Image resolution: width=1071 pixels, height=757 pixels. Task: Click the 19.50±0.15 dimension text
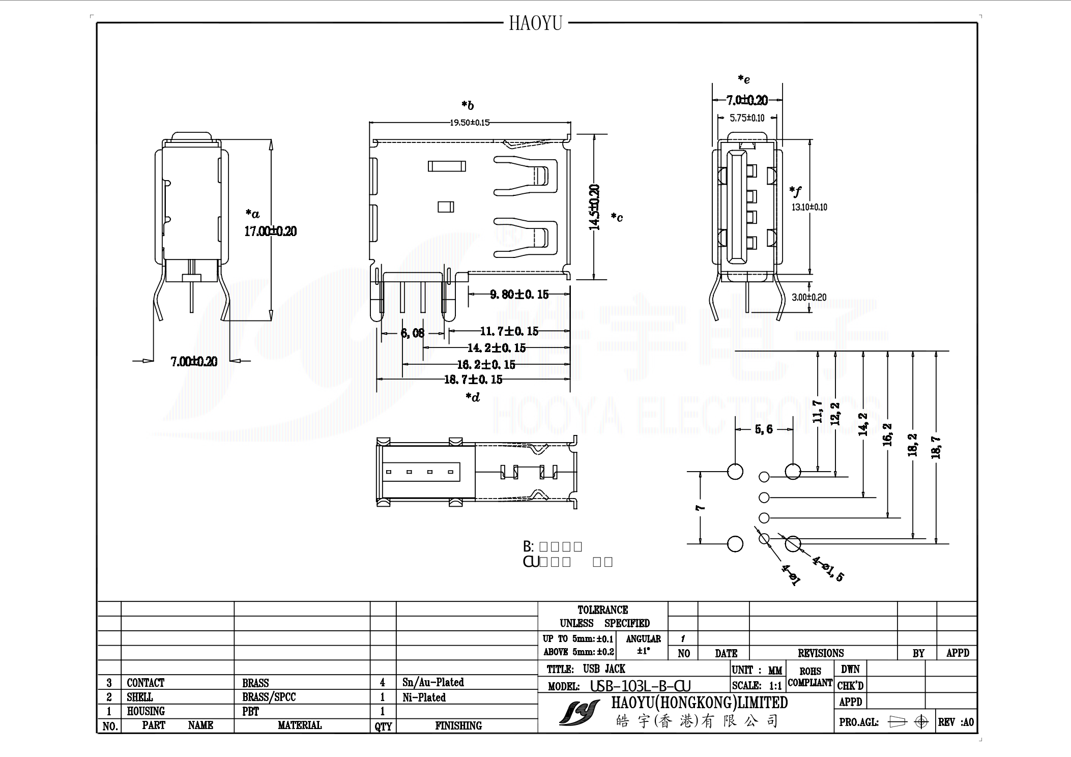point(469,123)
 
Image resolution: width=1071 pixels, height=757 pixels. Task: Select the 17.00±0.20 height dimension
point(270,231)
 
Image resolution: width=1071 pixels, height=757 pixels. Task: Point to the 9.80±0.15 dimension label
point(519,295)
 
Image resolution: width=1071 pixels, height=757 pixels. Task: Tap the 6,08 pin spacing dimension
point(412,333)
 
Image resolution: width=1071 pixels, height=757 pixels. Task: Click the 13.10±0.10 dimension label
point(809,207)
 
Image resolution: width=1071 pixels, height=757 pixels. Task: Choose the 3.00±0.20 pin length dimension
point(808,297)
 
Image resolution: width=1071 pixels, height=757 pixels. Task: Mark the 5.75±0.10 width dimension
point(747,118)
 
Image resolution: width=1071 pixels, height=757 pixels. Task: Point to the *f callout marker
point(795,192)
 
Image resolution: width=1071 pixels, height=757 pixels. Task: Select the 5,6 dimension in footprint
point(763,429)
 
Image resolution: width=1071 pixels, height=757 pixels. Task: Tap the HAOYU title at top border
point(535,23)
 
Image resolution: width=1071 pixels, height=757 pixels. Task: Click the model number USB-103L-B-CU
point(640,686)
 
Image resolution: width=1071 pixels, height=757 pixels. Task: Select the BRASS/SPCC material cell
point(269,697)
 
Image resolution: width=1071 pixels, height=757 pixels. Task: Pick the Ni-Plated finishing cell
point(424,697)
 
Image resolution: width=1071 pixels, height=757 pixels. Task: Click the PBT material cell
point(250,711)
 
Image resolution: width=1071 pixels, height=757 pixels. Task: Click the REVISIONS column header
point(820,653)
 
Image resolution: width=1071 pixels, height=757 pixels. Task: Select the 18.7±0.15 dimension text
point(473,380)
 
